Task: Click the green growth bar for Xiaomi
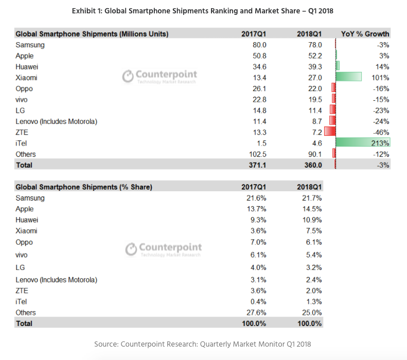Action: click(348, 78)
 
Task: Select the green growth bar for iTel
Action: click(362, 142)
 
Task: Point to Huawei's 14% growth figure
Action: click(382, 67)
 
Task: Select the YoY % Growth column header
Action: click(365, 34)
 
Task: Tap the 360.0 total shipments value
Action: click(312, 165)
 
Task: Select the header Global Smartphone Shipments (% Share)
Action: click(83, 187)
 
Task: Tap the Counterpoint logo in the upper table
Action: click(160, 77)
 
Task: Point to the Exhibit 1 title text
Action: click(204, 11)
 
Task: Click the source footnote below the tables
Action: click(203, 344)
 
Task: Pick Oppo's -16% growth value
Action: click(381, 88)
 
